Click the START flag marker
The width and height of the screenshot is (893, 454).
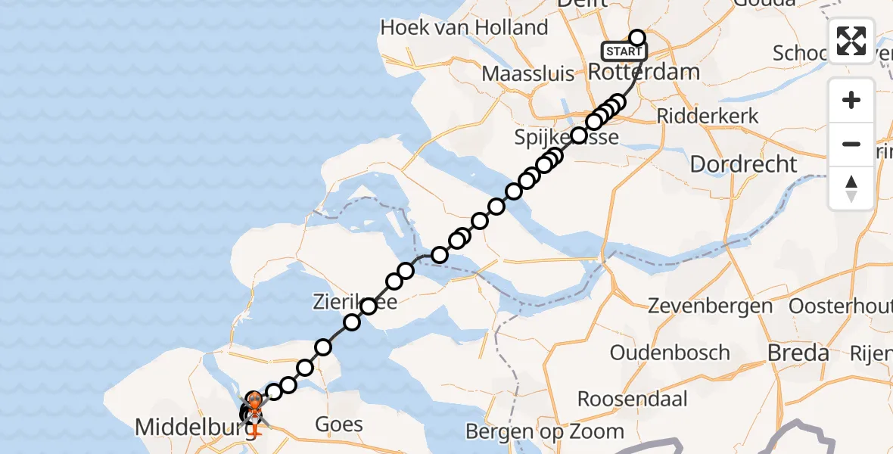624,51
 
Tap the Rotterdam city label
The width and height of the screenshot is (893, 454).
643,73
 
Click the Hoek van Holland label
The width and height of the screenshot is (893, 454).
464,28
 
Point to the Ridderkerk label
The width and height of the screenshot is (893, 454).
708,117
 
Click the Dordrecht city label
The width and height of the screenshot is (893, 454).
744,163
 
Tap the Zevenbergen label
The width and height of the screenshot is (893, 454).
711,306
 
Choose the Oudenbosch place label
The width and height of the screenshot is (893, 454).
670,353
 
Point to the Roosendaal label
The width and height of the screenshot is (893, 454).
633,399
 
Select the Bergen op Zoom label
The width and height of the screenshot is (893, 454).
545,432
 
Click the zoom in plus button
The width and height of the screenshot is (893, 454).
851,101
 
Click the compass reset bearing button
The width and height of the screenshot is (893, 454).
851,188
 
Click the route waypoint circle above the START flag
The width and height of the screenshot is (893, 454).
637,38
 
